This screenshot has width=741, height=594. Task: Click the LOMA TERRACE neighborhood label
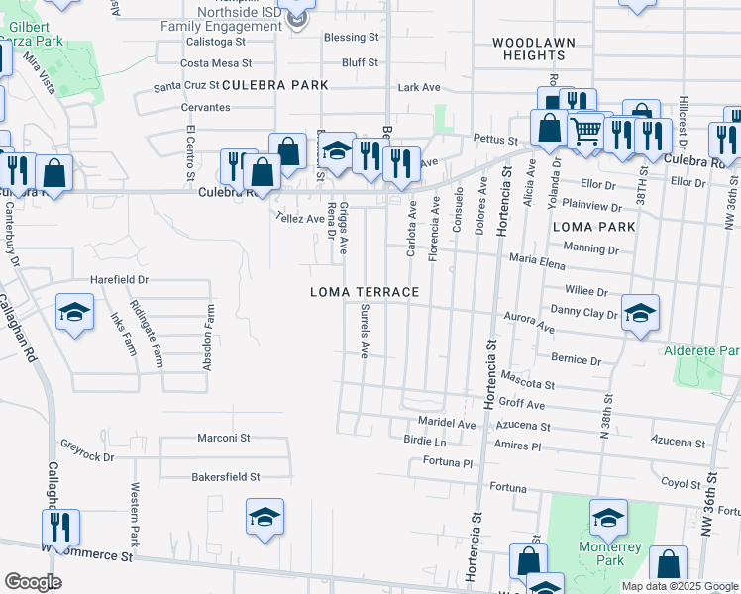(x=365, y=293)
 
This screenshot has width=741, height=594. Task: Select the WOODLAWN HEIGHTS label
(x=529, y=49)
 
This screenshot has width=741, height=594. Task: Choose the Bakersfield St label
(x=226, y=477)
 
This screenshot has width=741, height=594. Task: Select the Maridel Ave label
(x=447, y=425)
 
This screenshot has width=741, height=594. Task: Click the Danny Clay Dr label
(x=584, y=313)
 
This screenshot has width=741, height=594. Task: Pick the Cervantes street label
(x=205, y=107)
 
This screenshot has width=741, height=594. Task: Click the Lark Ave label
(x=418, y=88)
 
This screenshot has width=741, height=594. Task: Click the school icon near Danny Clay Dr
(x=640, y=313)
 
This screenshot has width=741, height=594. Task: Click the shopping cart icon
(x=585, y=129)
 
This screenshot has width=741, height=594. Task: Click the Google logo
(x=33, y=582)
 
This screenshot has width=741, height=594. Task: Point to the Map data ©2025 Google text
(x=679, y=586)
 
